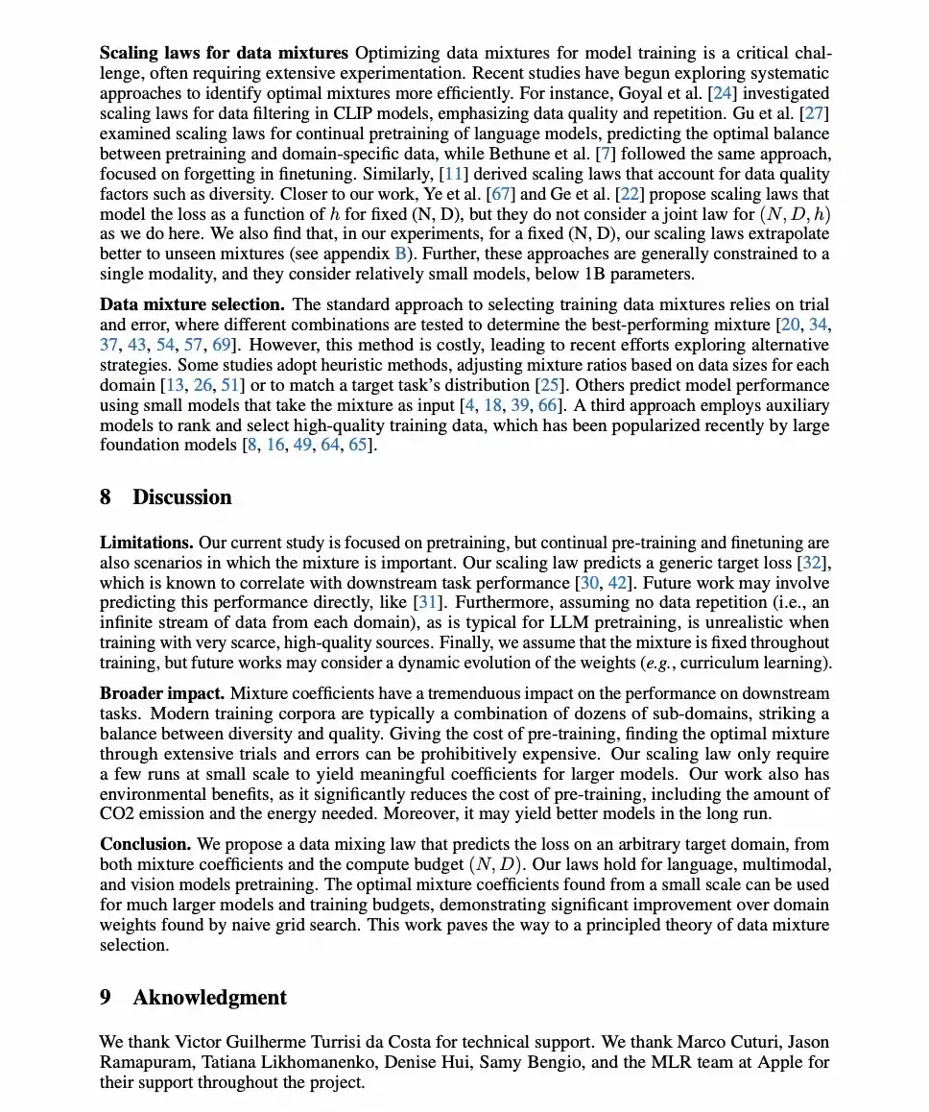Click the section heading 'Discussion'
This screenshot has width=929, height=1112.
[x=181, y=497]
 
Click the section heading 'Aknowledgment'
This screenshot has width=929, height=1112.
[x=209, y=998]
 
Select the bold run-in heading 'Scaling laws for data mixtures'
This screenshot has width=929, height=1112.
[x=224, y=53]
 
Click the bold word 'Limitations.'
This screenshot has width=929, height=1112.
[x=147, y=543]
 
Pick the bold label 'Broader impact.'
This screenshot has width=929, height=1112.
[x=162, y=693]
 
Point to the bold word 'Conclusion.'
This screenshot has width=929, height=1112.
[x=146, y=844]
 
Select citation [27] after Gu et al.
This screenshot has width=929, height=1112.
[x=815, y=113]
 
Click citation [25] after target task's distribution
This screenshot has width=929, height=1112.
[x=549, y=385]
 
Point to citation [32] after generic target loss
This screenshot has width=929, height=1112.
[x=814, y=563]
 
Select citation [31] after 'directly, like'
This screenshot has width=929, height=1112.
[x=427, y=603]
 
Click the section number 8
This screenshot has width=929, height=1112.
[x=106, y=497]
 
